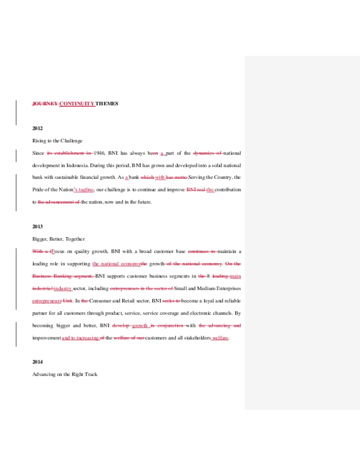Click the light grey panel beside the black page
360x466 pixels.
click(x=302, y=233)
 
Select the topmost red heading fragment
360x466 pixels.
click(x=63, y=104)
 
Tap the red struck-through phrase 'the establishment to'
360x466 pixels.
click(x=70, y=153)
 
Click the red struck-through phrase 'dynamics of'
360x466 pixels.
click(x=208, y=153)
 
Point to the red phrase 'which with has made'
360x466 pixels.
click(x=164, y=177)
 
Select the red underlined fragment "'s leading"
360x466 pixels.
click(x=83, y=190)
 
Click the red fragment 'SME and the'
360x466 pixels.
click(x=200, y=190)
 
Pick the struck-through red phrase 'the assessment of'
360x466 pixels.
click(x=58, y=202)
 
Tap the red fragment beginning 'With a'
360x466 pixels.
click(x=43, y=252)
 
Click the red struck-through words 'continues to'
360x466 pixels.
click(x=202, y=252)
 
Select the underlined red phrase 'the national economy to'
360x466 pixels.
click(x=119, y=264)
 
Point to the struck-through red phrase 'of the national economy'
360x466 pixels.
click(x=193, y=264)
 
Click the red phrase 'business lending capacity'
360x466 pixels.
click(x=63, y=276)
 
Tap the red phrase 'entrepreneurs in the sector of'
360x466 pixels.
click(x=142, y=289)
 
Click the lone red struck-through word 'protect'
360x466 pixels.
click(x=171, y=301)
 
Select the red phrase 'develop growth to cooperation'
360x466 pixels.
click(x=149, y=325)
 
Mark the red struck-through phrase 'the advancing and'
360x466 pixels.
click(x=220, y=325)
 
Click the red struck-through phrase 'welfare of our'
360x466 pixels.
click(x=129, y=338)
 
